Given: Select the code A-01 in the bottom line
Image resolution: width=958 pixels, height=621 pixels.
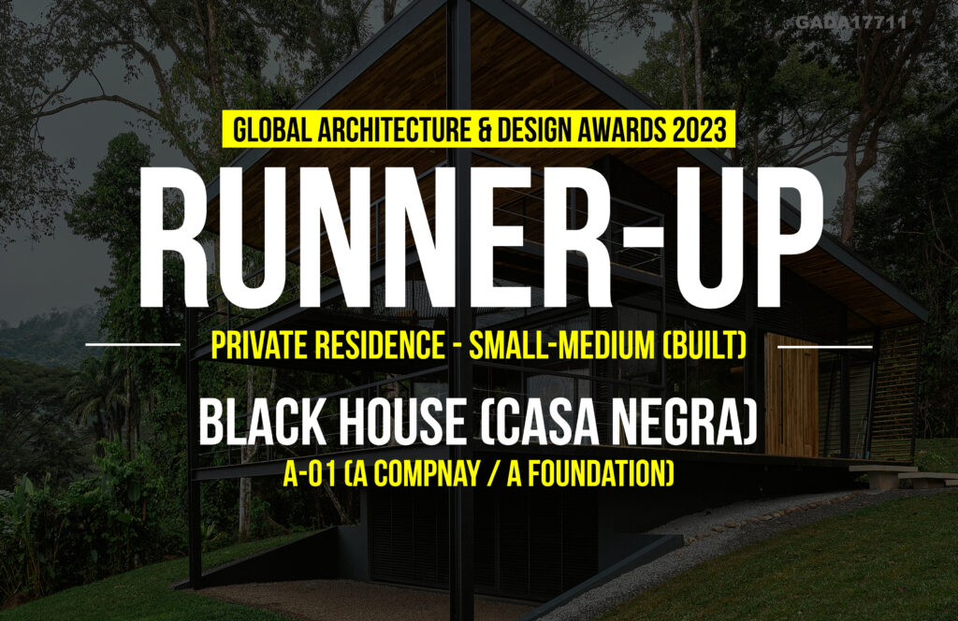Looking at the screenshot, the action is (x=310, y=474).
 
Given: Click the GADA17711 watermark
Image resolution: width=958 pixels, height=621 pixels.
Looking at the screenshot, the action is (x=851, y=22).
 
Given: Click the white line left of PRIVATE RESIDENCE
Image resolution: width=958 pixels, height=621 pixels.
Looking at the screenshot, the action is (x=133, y=344).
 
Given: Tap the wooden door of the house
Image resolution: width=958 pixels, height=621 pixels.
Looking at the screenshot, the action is (x=791, y=396).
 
